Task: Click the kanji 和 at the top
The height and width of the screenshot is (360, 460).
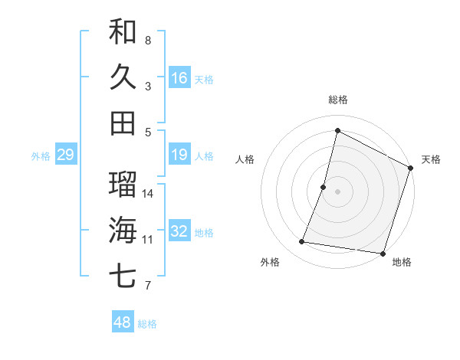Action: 123,31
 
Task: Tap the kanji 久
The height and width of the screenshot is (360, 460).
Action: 123,77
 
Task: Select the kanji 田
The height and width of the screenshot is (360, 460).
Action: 123,123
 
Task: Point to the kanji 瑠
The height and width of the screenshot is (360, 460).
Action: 123,184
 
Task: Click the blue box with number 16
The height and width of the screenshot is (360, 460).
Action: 179,77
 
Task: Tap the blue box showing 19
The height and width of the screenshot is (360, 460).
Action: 179,155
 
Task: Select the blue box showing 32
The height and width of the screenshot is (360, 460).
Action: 179,231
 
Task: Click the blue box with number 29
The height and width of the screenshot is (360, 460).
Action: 65,155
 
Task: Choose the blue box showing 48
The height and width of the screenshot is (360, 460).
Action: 123,322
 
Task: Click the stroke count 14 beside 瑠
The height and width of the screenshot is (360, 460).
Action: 148,193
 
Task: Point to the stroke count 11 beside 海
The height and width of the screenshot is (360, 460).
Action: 148,240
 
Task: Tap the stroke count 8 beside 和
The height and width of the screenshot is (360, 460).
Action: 148,40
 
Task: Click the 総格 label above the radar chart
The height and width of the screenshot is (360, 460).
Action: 337,100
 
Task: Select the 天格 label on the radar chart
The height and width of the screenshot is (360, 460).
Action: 431,159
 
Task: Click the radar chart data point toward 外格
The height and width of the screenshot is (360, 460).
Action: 302,242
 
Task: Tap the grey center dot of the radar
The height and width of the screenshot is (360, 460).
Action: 337,191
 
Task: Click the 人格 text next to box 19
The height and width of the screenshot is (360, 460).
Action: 204,156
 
